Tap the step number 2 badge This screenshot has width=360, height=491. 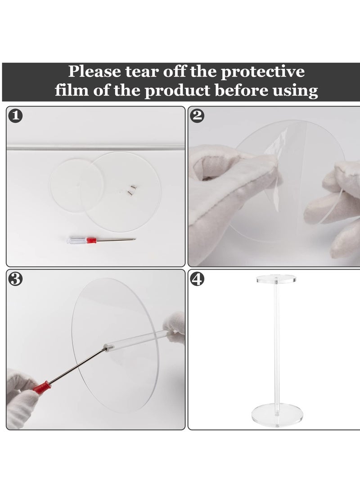coord(197,116)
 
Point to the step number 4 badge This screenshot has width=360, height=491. coord(197,279)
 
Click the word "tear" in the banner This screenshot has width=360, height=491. coord(142,72)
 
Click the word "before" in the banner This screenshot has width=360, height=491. coord(241,90)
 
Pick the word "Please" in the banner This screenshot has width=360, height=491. coord(94,72)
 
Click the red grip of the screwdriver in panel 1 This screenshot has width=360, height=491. coord(90,240)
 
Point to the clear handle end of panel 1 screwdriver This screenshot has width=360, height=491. coord(76,240)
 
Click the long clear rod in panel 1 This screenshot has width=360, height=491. coord(96,147)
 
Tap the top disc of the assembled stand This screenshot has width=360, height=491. coord(276,279)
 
